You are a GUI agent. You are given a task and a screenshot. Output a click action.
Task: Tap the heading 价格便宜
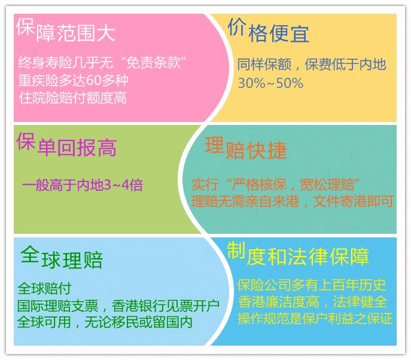click(269, 31)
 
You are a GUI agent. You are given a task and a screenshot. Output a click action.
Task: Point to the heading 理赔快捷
click(246, 148)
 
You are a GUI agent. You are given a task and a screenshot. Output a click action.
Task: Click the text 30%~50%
click(270, 83)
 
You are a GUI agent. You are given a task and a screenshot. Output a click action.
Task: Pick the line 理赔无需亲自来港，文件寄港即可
click(293, 202)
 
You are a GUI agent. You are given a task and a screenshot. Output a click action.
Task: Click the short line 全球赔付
click(45, 288)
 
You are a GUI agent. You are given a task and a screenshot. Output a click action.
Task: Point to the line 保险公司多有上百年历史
click(311, 284)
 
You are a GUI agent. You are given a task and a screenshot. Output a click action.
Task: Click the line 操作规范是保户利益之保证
click(315, 318)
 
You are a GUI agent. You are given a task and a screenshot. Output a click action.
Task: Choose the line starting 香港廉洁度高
click(312, 301)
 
